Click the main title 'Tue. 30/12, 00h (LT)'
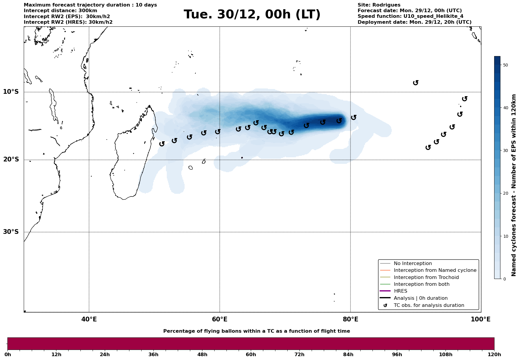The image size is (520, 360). point(252,15)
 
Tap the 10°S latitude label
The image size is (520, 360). point(11,92)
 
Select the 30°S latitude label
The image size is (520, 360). point(11,232)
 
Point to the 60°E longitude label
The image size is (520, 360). point(220,319)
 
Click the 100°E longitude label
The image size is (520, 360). point(481,319)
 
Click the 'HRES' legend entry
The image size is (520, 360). point(400,291)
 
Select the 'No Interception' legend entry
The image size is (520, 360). point(413,264)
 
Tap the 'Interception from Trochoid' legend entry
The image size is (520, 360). point(426,277)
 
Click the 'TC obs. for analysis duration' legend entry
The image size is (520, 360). point(429,305)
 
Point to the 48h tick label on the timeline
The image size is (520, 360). point(202,355)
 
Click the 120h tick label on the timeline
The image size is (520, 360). point(494,355)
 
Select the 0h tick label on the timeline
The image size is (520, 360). point(8,355)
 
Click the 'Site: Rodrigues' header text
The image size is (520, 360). point(379,5)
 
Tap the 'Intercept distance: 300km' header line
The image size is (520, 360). point(60,11)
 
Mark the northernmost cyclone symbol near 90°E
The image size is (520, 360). point(416,83)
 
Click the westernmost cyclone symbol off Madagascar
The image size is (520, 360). point(162,144)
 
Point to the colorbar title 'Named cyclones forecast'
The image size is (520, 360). point(514,185)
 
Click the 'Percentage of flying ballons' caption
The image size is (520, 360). point(256,331)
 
